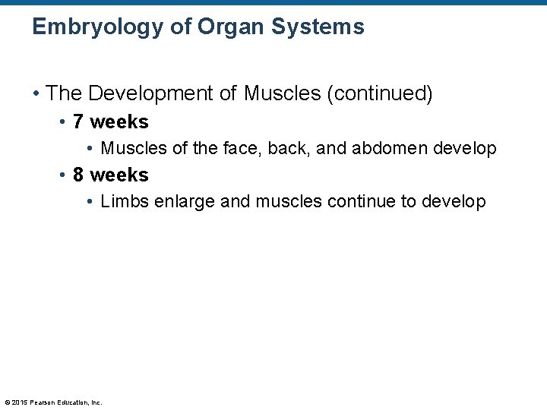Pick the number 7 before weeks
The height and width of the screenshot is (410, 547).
tap(78, 121)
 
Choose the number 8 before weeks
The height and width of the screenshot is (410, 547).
tap(78, 175)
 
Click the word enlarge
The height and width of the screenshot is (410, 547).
tap(181, 201)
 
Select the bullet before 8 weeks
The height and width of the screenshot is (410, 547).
tap(62, 175)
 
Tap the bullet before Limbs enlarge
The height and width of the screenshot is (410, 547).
tap(90, 202)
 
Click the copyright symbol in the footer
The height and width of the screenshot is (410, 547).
tap(7, 402)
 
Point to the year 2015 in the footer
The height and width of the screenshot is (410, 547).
tap(19, 402)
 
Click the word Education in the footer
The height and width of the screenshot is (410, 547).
tap(73, 402)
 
